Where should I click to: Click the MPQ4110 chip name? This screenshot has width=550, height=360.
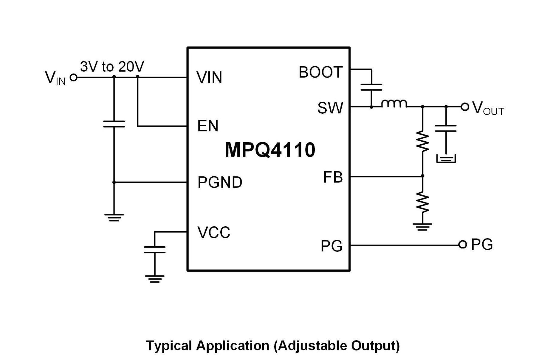click(x=270, y=150)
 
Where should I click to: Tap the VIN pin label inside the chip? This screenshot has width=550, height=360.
click(x=209, y=77)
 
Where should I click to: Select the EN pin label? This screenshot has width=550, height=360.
click(x=208, y=126)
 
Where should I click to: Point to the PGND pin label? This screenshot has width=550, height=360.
click(x=220, y=182)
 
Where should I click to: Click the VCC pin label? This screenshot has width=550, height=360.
click(x=214, y=232)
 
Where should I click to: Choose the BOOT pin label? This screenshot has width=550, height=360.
click(x=320, y=72)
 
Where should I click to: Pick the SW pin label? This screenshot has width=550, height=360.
click(x=330, y=108)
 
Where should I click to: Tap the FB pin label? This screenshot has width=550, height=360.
click(x=333, y=177)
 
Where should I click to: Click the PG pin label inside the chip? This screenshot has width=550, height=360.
click(x=331, y=246)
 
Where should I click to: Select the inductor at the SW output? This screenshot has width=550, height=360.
click(x=394, y=103)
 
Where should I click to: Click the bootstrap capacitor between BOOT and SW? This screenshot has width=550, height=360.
click(x=371, y=87)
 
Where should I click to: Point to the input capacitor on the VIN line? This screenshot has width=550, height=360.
click(x=114, y=124)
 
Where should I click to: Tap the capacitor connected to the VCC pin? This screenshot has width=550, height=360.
click(x=155, y=250)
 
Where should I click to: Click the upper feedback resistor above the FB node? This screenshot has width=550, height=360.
click(x=423, y=141)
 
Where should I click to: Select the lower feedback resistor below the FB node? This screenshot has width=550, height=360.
click(x=423, y=202)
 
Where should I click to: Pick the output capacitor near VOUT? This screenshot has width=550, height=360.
click(x=446, y=129)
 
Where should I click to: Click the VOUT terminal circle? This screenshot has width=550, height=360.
click(x=465, y=107)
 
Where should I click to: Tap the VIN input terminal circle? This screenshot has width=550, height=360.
click(x=73, y=78)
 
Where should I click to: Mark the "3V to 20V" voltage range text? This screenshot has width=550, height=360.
click(x=112, y=67)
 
